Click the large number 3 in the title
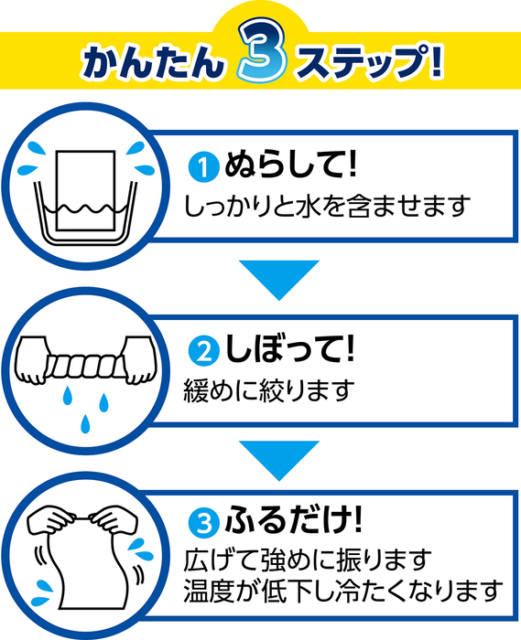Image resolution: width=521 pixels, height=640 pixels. point(263,51)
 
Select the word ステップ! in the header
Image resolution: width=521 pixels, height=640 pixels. point(371,60)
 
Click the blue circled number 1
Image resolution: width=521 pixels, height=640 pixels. point(203,166)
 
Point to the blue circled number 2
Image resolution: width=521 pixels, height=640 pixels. point(203,351)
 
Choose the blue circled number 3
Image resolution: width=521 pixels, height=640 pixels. point(203,523)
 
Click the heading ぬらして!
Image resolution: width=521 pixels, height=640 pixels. point(290,164)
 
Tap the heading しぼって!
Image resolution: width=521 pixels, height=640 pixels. point(289,347)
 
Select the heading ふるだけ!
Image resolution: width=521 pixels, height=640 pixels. point(293,519)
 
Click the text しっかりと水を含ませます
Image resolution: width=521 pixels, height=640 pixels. point(326,206)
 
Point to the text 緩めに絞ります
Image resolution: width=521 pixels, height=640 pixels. point(269,390)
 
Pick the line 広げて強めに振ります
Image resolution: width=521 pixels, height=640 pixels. point(307,560)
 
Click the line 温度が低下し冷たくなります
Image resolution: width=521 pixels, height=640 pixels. point(342,591)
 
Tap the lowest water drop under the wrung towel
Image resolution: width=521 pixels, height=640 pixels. point(85,423)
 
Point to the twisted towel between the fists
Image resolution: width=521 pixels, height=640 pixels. point(86,366)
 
